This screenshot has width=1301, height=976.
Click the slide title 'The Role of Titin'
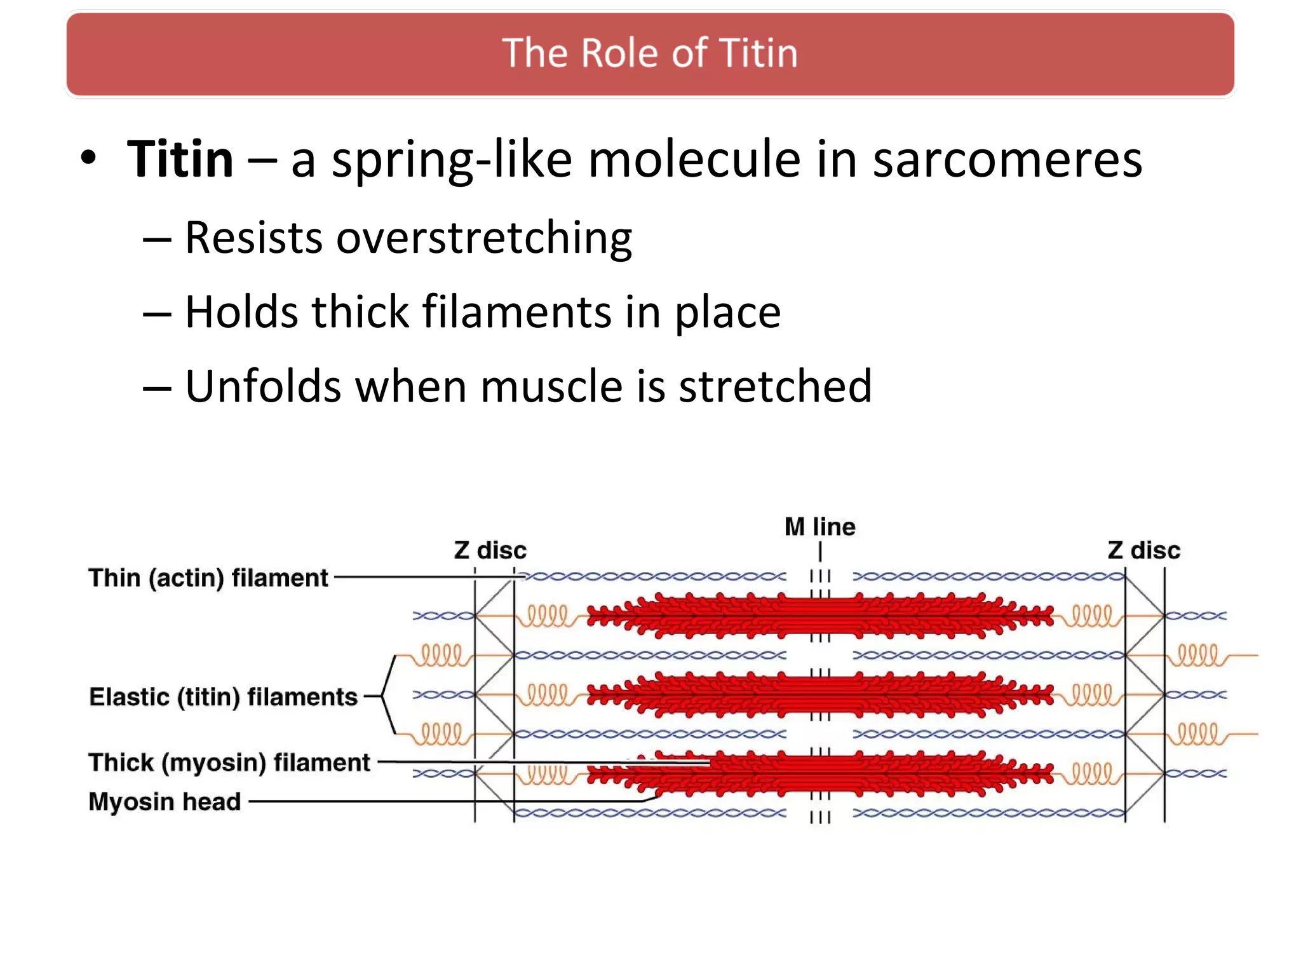(x=649, y=53)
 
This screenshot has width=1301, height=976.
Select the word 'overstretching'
(x=483, y=238)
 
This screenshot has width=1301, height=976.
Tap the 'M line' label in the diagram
(x=819, y=527)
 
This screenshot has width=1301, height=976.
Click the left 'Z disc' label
(x=490, y=550)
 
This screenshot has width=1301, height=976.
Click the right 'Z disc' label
(x=1143, y=550)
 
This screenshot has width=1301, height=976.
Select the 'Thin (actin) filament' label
(x=208, y=578)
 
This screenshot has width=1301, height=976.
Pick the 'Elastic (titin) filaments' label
(x=223, y=697)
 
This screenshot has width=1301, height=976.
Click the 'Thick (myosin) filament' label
(x=229, y=762)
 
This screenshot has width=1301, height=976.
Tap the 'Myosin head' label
(x=165, y=802)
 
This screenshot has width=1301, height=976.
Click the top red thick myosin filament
(x=819, y=615)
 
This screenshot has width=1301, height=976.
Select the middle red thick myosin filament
(x=819, y=694)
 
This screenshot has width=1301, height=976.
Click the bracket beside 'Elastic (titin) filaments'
(x=388, y=696)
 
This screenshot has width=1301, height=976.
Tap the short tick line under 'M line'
(x=820, y=551)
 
